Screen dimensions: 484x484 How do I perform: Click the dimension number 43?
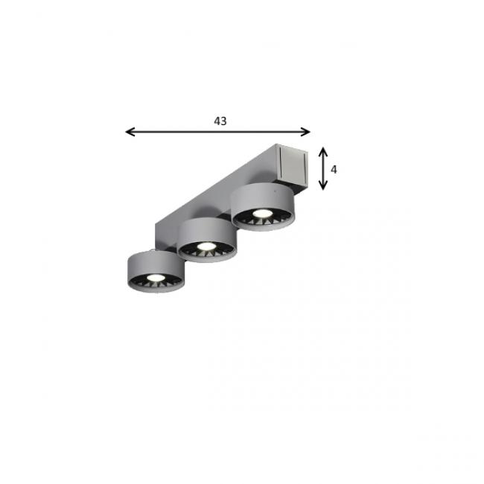[220, 120]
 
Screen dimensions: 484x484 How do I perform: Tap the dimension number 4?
[334, 170]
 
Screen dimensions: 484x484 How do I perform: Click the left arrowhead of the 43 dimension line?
[129, 132]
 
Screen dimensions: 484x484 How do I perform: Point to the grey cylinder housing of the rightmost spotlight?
[260, 197]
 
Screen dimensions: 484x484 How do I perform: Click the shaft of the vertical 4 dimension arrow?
[323, 169]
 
